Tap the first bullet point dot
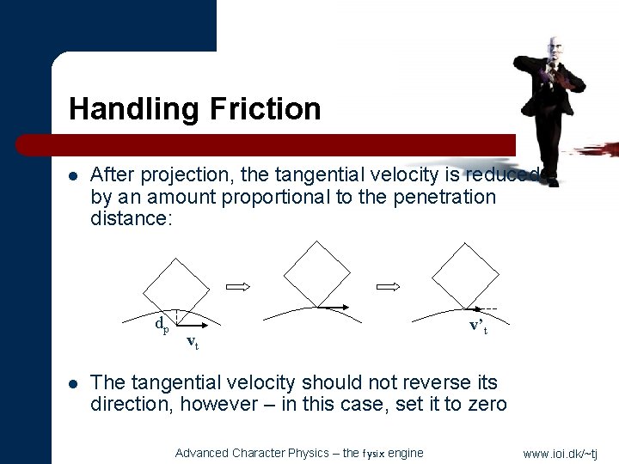[74, 176]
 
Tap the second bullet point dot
[74, 382]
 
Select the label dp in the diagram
[162, 324]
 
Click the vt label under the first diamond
[193, 343]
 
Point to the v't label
[479, 326]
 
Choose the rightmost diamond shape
[464, 273]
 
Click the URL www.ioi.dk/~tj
[560, 453]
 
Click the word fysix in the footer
[375, 453]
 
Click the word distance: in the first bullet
[132, 218]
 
